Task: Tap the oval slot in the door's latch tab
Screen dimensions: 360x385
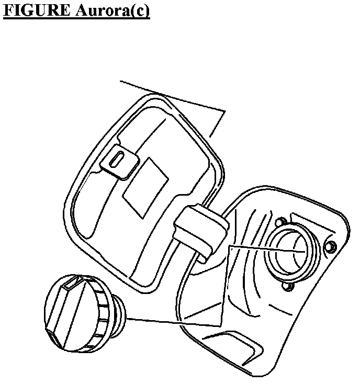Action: pyautogui.click(x=119, y=157)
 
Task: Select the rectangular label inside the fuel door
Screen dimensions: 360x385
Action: pyautogui.click(x=145, y=186)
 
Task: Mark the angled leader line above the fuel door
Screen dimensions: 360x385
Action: pyautogui.click(x=173, y=96)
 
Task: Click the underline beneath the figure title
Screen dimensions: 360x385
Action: pyautogui.click(x=76, y=19)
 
